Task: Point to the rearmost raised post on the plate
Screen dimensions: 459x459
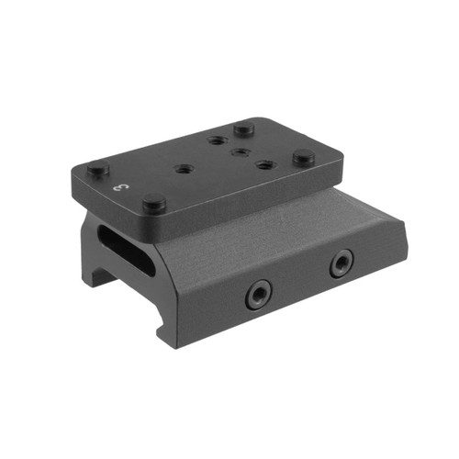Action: point(243,129)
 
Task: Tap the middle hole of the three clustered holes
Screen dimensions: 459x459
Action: point(241,151)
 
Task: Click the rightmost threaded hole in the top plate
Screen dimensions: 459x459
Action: point(266,165)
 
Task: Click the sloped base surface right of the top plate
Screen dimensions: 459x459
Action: point(303,220)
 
